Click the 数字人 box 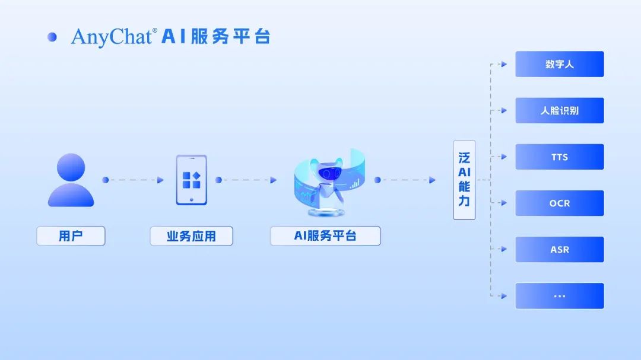pyautogui.click(x=559, y=64)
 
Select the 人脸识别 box pyautogui.click(x=559, y=110)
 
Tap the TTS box pyautogui.click(x=559, y=157)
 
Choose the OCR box pyautogui.click(x=559, y=203)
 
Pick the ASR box pyautogui.click(x=559, y=249)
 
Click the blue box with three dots pyautogui.click(x=559, y=296)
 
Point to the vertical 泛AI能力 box pyautogui.click(x=464, y=180)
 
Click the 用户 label pyautogui.click(x=71, y=236)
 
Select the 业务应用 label pyautogui.click(x=191, y=236)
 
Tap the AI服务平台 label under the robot pyautogui.click(x=325, y=236)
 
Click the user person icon pyautogui.click(x=71, y=180)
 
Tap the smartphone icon pyautogui.click(x=191, y=180)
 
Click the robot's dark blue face pyautogui.click(x=329, y=173)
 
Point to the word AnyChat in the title pyautogui.click(x=112, y=37)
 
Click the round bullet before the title pyautogui.click(x=52, y=37)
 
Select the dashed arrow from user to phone pyautogui.click(x=133, y=180)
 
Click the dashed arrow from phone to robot pyautogui.click(x=246, y=180)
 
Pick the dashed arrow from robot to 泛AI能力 pyautogui.click(x=405, y=180)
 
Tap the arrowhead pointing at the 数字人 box pyautogui.click(x=504, y=64)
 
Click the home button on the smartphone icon pyautogui.click(x=191, y=199)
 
